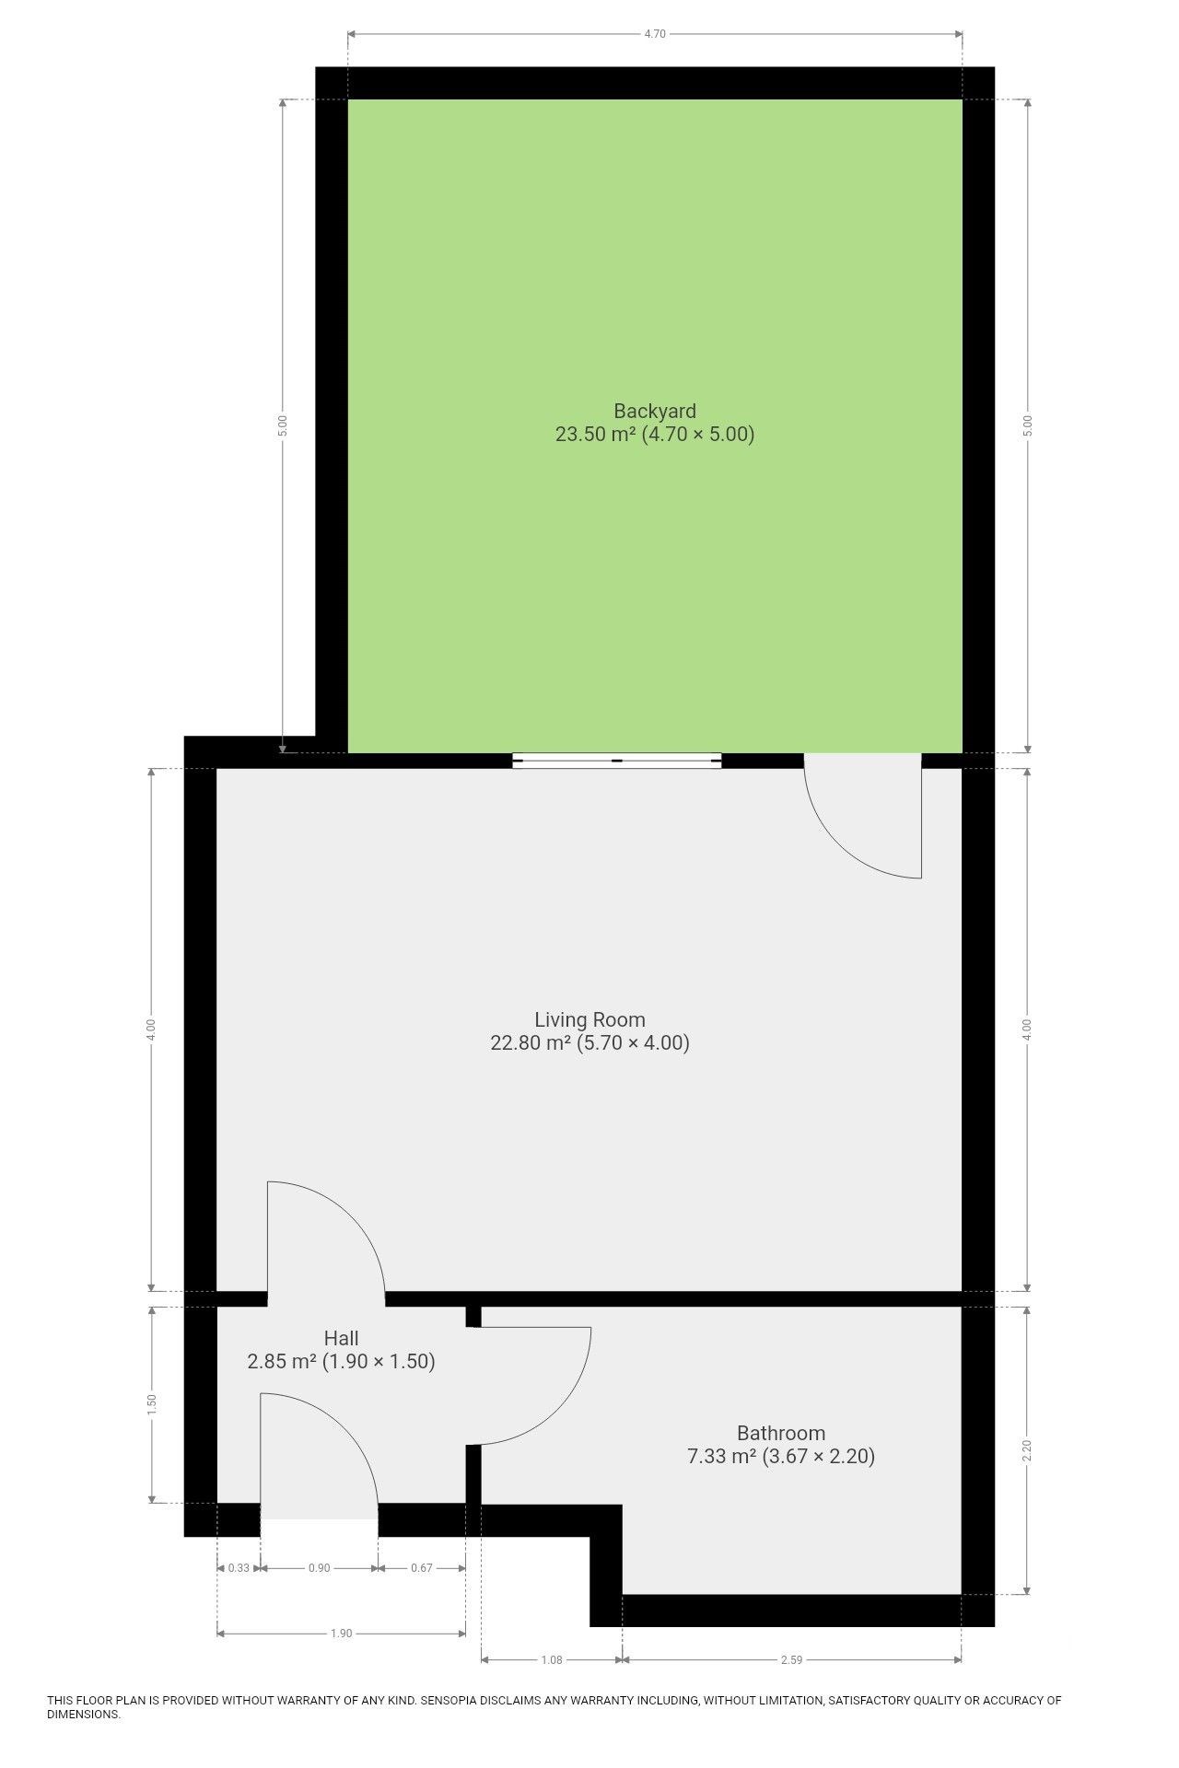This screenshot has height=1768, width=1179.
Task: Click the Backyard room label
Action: pyautogui.click(x=655, y=411)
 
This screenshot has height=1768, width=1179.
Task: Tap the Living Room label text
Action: pyautogui.click(x=589, y=1019)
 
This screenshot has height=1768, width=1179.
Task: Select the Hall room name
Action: pyautogui.click(x=341, y=1338)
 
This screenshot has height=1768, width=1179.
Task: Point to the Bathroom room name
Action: pyautogui.click(x=781, y=1433)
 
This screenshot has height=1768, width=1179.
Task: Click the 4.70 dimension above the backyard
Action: pyautogui.click(x=654, y=34)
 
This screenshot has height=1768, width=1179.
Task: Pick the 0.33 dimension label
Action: pyautogui.click(x=239, y=1568)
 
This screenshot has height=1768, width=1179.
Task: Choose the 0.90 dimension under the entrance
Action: pyautogui.click(x=319, y=1568)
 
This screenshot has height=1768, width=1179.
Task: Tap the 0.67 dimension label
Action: pyautogui.click(x=421, y=1568)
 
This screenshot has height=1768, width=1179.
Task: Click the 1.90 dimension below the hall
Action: pyautogui.click(x=341, y=1634)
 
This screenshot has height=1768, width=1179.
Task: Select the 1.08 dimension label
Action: pyautogui.click(x=551, y=1660)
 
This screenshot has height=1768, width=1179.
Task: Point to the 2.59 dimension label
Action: pyautogui.click(x=791, y=1660)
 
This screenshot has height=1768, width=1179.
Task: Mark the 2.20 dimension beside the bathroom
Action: pyautogui.click(x=1028, y=1450)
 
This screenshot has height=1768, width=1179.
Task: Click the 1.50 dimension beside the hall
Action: pyautogui.click(x=152, y=1404)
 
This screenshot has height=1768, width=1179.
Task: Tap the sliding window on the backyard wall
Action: pyautogui.click(x=617, y=761)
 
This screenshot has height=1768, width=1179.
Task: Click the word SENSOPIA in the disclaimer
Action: pyautogui.click(x=448, y=1700)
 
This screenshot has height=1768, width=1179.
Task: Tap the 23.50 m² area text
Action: pyautogui.click(x=595, y=434)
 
